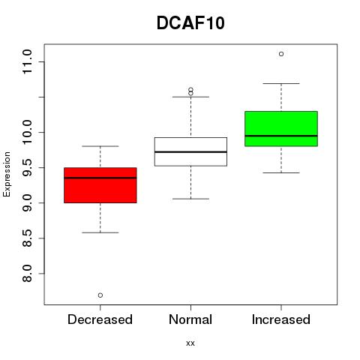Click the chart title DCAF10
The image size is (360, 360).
click(190, 23)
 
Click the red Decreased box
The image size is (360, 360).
click(100, 185)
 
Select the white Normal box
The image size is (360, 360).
click(190, 151)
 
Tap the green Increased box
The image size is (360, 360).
click(281, 129)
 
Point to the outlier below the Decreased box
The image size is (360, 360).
click(100, 295)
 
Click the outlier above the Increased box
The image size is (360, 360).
click(281, 54)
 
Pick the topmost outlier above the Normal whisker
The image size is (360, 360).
click(190, 89)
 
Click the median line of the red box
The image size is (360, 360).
click(100, 178)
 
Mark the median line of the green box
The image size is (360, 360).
click(281, 136)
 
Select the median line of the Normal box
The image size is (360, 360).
click(190, 151)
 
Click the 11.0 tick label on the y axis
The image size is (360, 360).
click(27, 61)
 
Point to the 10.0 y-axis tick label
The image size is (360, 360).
click(27, 132)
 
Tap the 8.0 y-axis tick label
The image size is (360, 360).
click(27, 274)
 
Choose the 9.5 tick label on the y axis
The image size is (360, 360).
click(27, 167)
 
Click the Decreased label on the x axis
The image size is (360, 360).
click(100, 319)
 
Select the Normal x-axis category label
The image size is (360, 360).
click(190, 319)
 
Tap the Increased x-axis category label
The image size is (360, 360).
click(281, 319)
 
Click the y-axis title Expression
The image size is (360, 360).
click(7, 174)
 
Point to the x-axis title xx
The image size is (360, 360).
click(190, 343)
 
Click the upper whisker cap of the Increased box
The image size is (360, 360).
click(281, 83)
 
